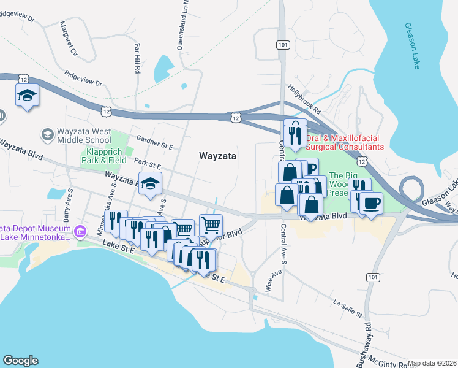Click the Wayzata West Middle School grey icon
coord(47,134)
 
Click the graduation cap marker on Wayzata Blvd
coord(149,183)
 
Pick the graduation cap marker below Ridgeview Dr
coord(27,96)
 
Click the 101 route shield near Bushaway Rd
coord(372,277)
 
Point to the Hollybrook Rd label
coord(306,101)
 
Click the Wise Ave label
coord(269,282)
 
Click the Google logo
coord(20,361)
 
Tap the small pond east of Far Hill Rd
coord(162,69)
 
